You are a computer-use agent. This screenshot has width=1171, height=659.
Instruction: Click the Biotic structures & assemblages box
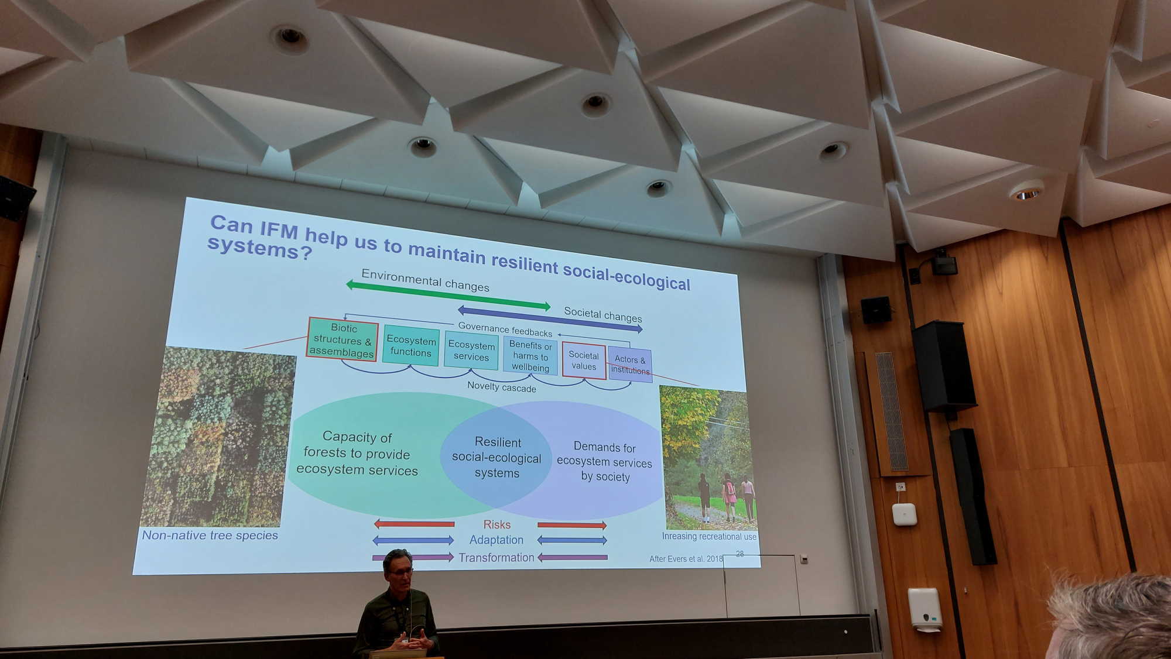point(343,339)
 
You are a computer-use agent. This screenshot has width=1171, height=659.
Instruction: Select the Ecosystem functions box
point(411,346)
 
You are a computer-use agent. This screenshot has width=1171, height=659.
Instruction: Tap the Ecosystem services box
point(471,351)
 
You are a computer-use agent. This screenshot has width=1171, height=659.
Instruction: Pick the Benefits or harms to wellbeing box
point(530,356)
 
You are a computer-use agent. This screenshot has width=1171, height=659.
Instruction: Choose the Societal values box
point(584,361)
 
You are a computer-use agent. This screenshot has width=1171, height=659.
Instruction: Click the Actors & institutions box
point(630,365)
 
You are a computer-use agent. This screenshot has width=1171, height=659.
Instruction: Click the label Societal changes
point(603,314)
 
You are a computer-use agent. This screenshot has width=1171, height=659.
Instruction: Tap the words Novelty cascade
point(502,387)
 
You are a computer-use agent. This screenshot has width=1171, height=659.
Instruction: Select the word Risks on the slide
point(497,525)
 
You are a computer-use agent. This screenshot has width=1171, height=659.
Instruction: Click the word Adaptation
point(497,540)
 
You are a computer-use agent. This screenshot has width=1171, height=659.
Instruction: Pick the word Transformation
point(497,558)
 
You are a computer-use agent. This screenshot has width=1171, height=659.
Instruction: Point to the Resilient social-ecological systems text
point(497,458)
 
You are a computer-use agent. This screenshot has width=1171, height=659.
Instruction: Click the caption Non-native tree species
point(210,535)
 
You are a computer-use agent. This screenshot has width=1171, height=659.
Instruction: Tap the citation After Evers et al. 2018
point(686,559)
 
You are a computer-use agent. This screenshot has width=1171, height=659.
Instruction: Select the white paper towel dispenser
point(925,609)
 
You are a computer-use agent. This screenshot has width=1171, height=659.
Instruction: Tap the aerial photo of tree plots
point(218,437)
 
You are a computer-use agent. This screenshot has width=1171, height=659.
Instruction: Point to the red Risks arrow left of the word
point(414,524)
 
